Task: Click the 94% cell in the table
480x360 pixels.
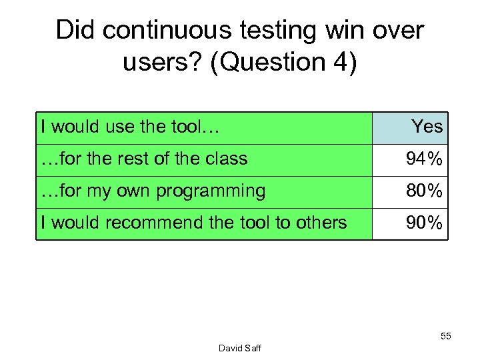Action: pyautogui.click(x=424, y=159)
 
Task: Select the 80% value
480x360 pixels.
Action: pyautogui.click(x=424, y=191)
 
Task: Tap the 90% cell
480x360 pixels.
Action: pyautogui.click(x=424, y=223)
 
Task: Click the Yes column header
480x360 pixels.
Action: pyautogui.click(x=427, y=126)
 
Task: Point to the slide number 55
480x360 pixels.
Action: pyautogui.click(x=445, y=337)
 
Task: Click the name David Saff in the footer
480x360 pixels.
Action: pyautogui.click(x=239, y=348)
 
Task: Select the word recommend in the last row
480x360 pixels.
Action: pyautogui.click(x=157, y=223)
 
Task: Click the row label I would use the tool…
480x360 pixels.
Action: pyautogui.click(x=130, y=126)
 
